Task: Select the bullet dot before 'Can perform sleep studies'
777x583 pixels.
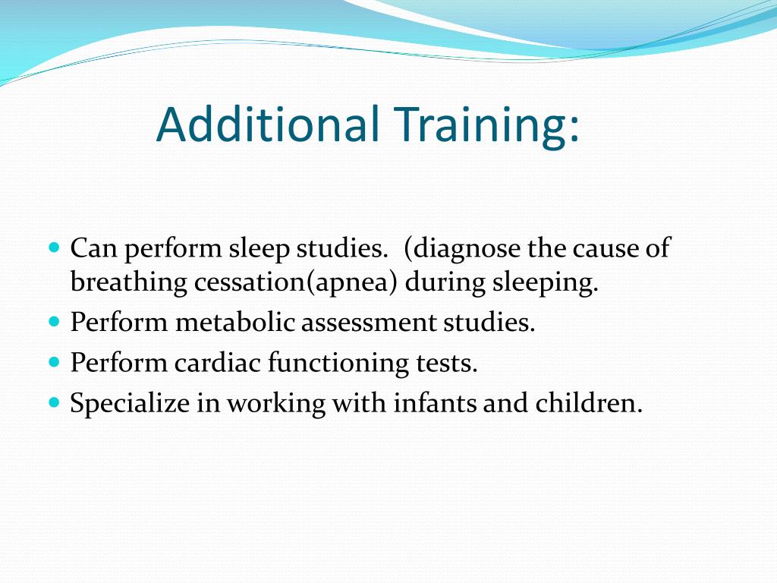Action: point(54,247)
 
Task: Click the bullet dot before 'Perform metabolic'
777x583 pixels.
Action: point(54,321)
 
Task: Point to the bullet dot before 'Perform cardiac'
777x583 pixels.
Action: point(54,362)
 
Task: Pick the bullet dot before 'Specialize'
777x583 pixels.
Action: point(54,402)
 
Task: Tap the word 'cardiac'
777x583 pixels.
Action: point(218,363)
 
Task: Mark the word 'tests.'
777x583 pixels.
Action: point(448,363)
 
